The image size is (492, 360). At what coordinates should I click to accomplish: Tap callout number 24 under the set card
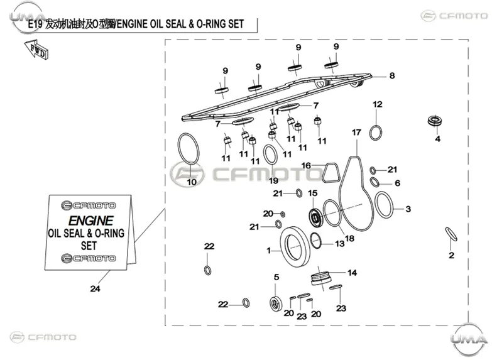[x=95, y=288]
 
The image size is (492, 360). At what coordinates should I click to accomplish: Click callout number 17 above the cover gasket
[x=356, y=133]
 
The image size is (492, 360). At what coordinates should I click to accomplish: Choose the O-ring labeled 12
[x=376, y=133]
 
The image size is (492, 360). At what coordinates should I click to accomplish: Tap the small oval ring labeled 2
[x=451, y=234]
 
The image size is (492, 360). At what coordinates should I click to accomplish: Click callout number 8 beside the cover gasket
[x=392, y=75]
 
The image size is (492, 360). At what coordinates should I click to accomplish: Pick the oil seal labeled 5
[x=276, y=303]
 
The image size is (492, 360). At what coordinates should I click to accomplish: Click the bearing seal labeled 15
[x=315, y=217]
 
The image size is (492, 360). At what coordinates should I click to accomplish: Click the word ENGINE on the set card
[x=90, y=221]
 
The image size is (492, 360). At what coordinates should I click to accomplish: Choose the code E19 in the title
[x=35, y=24]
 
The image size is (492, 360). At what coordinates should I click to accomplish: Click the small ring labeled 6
[x=374, y=182]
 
